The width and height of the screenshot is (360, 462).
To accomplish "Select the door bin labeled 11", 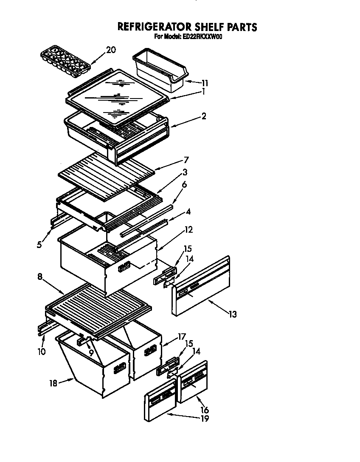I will coord(159,70).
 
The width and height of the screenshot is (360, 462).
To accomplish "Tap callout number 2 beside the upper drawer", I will coord(204,116).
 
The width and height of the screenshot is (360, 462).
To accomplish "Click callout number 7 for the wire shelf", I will coord(186,161).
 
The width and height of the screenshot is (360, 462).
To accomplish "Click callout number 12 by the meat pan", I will coord(189,230).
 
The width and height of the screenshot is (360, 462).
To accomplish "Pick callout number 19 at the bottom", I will coord(205,419).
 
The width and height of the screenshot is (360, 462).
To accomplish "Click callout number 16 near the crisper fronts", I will coord(205,410).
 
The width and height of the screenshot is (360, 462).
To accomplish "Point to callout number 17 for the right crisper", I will coord(182,337).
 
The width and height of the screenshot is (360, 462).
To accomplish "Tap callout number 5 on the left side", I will coord(39,245).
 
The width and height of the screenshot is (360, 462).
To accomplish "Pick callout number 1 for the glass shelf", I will coord(203,91).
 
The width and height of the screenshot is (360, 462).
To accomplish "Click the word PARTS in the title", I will coord(241,27).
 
